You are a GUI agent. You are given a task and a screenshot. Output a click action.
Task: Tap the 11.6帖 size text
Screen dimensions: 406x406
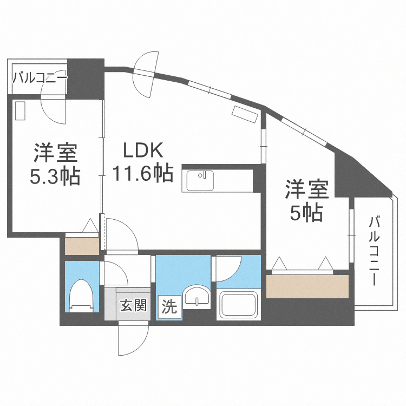pos(143,173)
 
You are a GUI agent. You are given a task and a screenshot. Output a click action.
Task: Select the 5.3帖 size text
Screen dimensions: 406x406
pos(56,176)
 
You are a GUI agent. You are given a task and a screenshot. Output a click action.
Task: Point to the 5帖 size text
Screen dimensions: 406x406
pos(307,213)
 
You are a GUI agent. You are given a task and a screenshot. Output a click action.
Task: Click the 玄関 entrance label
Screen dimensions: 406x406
pos(133,306)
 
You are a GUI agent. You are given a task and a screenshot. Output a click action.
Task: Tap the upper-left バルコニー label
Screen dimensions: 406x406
pos(40,78)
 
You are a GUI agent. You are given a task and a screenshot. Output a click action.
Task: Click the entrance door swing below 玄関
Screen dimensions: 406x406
pos(132,338)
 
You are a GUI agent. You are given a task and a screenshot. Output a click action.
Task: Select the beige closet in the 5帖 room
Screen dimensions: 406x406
pos(307,286)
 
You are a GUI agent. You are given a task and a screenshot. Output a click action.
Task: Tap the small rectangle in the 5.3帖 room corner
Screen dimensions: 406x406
pos(21,111)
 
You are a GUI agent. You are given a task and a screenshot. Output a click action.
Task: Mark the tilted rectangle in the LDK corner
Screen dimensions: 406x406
pos(245,114)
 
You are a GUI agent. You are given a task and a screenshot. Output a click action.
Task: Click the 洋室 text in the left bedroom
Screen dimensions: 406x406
pos(56,153)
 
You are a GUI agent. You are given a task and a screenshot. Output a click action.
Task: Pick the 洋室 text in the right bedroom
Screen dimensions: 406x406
pos(307,191)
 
